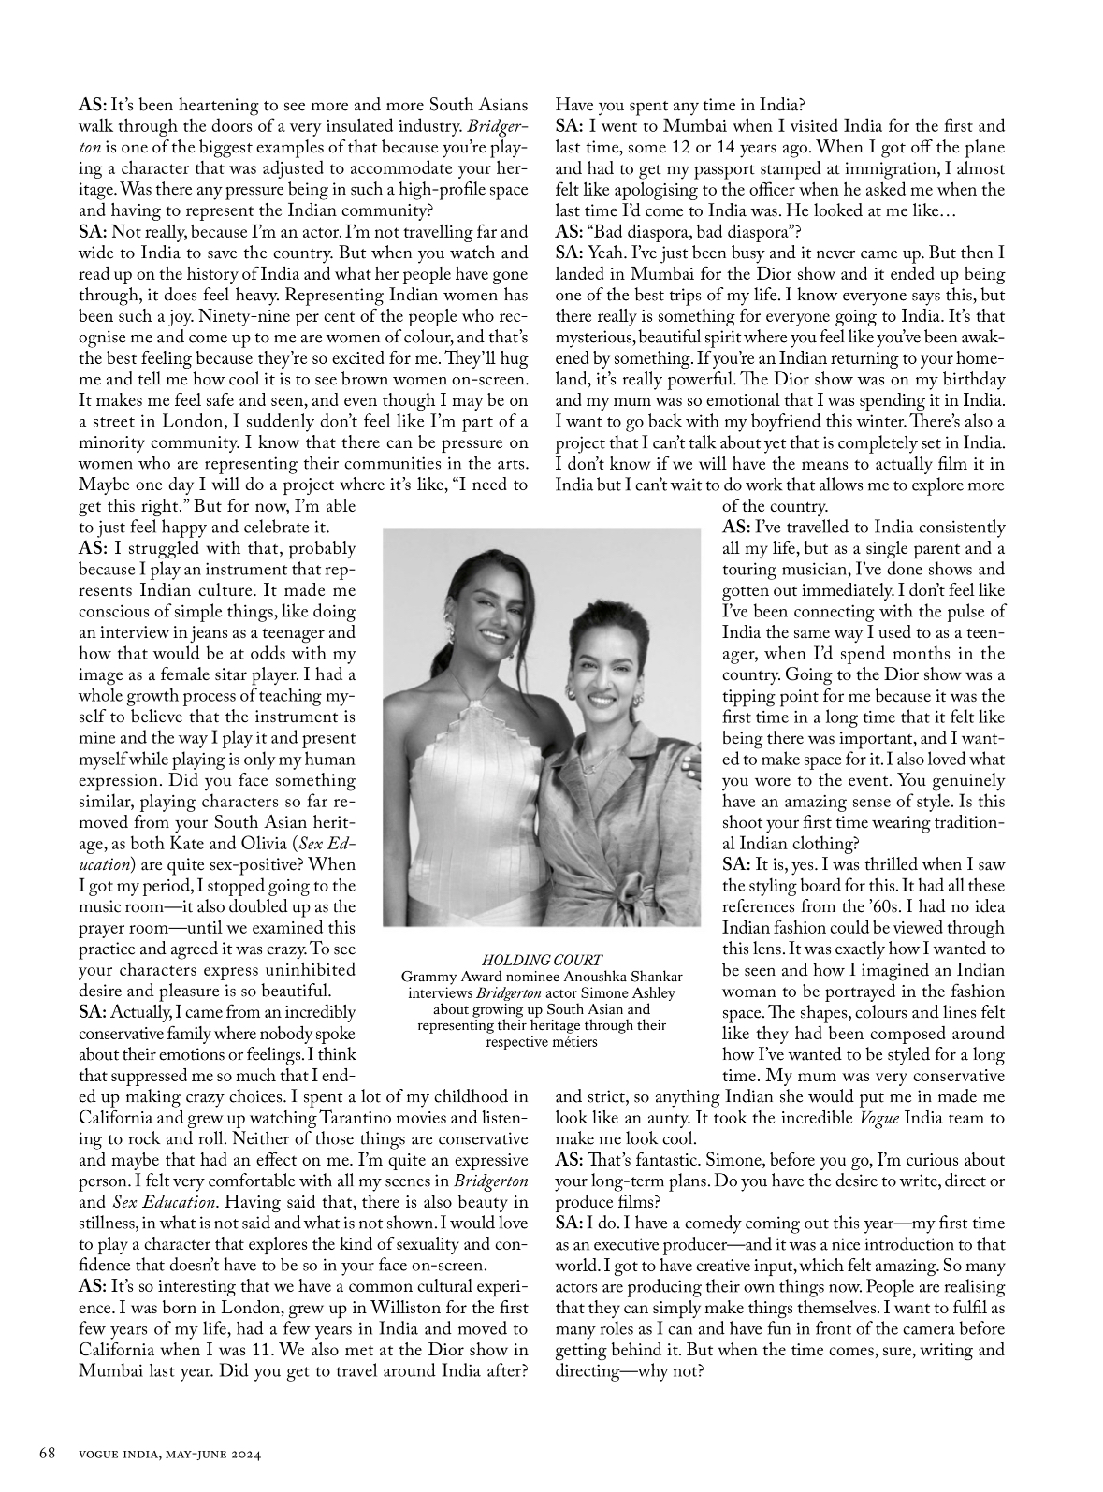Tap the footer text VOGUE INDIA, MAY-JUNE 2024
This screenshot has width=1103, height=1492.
(167, 1454)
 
